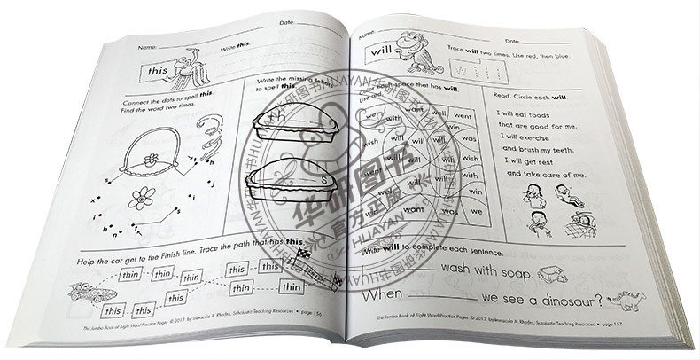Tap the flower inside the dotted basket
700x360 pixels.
(150, 161)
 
